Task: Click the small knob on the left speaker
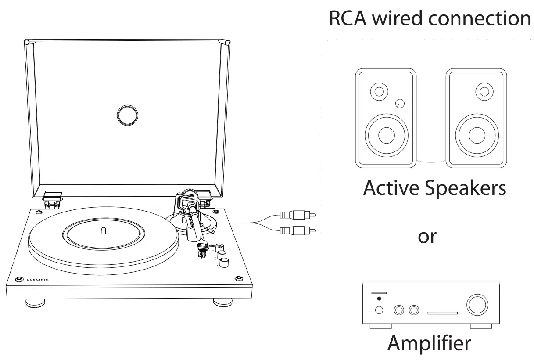pyautogui.click(x=400, y=104)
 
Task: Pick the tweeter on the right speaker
pyautogui.click(x=484, y=92)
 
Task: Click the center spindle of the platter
pyautogui.click(x=103, y=230)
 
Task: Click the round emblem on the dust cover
pyautogui.click(x=128, y=115)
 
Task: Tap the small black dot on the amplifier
pyautogui.click(x=379, y=299)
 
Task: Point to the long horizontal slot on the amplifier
pyautogui.click(x=442, y=313)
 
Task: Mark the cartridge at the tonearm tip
pyautogui.click(x=203, y=249)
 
